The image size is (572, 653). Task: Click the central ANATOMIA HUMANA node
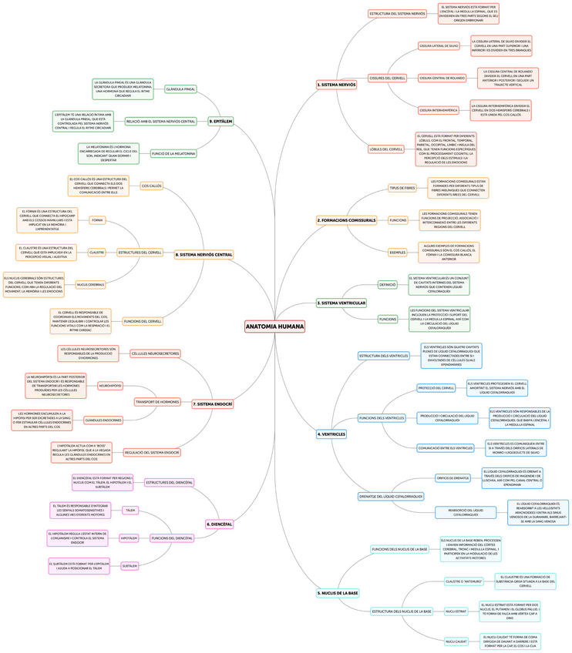point(275,327)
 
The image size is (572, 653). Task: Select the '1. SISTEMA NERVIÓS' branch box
point(337,85)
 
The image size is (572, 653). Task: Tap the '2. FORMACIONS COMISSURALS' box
point(346,220)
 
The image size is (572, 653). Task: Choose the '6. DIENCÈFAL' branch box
point(220,524)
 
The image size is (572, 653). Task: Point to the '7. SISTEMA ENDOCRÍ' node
point(213,404)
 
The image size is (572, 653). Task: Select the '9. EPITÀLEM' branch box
point(221,121)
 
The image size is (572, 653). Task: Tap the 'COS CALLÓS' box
point(151,186)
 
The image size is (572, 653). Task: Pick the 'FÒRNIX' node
point(97,220)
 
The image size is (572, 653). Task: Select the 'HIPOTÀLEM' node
point(129,537)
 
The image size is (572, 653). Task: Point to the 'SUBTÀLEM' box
point(130,566)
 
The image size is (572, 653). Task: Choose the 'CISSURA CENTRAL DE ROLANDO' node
point(442,78)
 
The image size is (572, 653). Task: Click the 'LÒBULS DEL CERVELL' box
point(386,149)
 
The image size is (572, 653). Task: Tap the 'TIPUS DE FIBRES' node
point(402,188)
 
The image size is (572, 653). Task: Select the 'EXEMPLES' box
point(397,252)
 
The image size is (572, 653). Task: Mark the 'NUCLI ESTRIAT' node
point(456,611)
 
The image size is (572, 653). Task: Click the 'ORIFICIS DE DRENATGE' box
point(453,478)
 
